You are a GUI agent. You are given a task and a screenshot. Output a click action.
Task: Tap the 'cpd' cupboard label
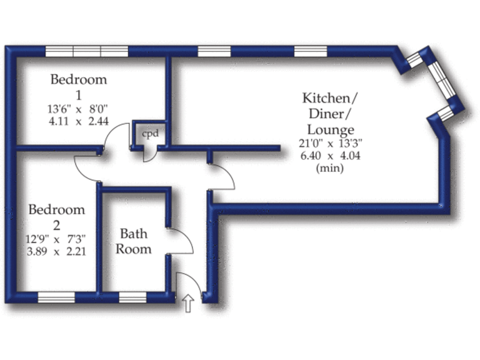coord(149,134)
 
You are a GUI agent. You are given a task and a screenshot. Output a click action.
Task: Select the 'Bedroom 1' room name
coord(79,87)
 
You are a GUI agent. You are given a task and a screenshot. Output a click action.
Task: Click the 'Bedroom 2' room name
coord(57,217)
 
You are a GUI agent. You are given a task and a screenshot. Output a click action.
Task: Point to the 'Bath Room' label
coord(134,241)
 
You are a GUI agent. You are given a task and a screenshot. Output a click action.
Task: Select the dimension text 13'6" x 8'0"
coord(79,109)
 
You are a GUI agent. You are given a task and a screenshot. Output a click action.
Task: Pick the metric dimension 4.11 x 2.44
coord(79,121)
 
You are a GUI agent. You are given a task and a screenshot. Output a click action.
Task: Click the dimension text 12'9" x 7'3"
coord(57,239)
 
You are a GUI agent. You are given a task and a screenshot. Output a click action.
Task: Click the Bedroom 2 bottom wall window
coord(56,297)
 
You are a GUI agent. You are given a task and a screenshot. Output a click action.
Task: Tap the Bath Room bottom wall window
coord(132,297)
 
